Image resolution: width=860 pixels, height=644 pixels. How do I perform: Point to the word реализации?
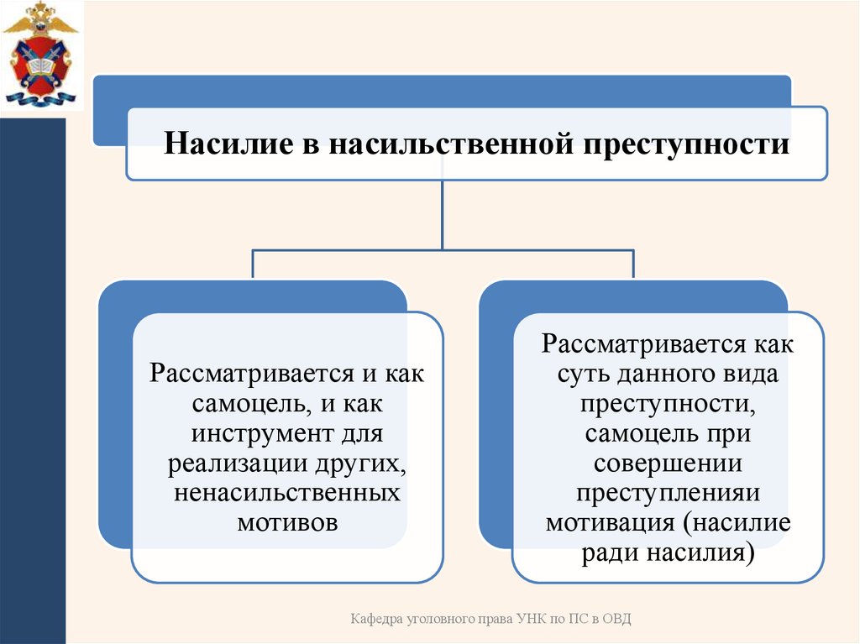tap(229, 463)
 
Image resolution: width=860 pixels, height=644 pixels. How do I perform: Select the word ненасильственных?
tap(287, 492)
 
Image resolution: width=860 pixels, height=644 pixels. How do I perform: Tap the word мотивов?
tap(287, 521)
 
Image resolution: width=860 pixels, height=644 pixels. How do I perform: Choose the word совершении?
tap(667, 463)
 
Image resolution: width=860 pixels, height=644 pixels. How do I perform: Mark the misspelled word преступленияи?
tap(669, 493)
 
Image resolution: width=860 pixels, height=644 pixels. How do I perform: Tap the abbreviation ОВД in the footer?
tap(613, 619)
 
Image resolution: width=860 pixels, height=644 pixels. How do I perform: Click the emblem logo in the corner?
tap(39, 54)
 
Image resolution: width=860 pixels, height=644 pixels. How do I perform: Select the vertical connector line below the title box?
tap(443, 214)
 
